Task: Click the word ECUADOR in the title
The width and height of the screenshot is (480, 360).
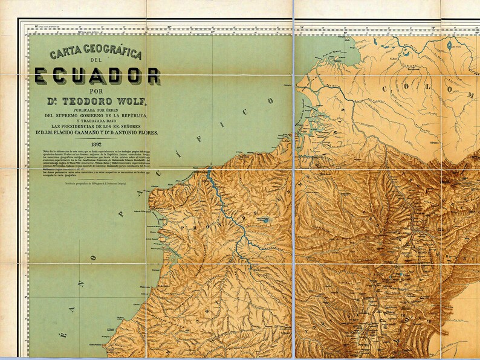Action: pyautogui.click(x=97, y=76)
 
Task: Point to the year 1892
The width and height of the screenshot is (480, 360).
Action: pyautogui.click(x=97, y=144)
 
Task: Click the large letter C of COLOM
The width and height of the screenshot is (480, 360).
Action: pyautogui.click(x=385, y=88)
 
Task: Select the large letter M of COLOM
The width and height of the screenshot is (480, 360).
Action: pyautogui.click(x=470, y=95)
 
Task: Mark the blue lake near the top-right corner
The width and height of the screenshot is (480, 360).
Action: pyautogui.click(x=450, y=44)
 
